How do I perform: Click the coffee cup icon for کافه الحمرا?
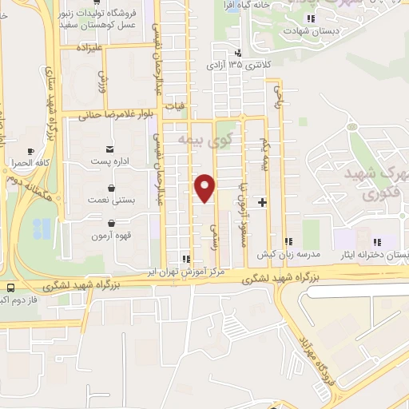[x=30, y=150]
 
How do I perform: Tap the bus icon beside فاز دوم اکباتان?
[x=10, y=288]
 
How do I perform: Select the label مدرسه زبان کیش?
[x=288, y=254]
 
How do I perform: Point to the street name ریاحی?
[x=279, y=96]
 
